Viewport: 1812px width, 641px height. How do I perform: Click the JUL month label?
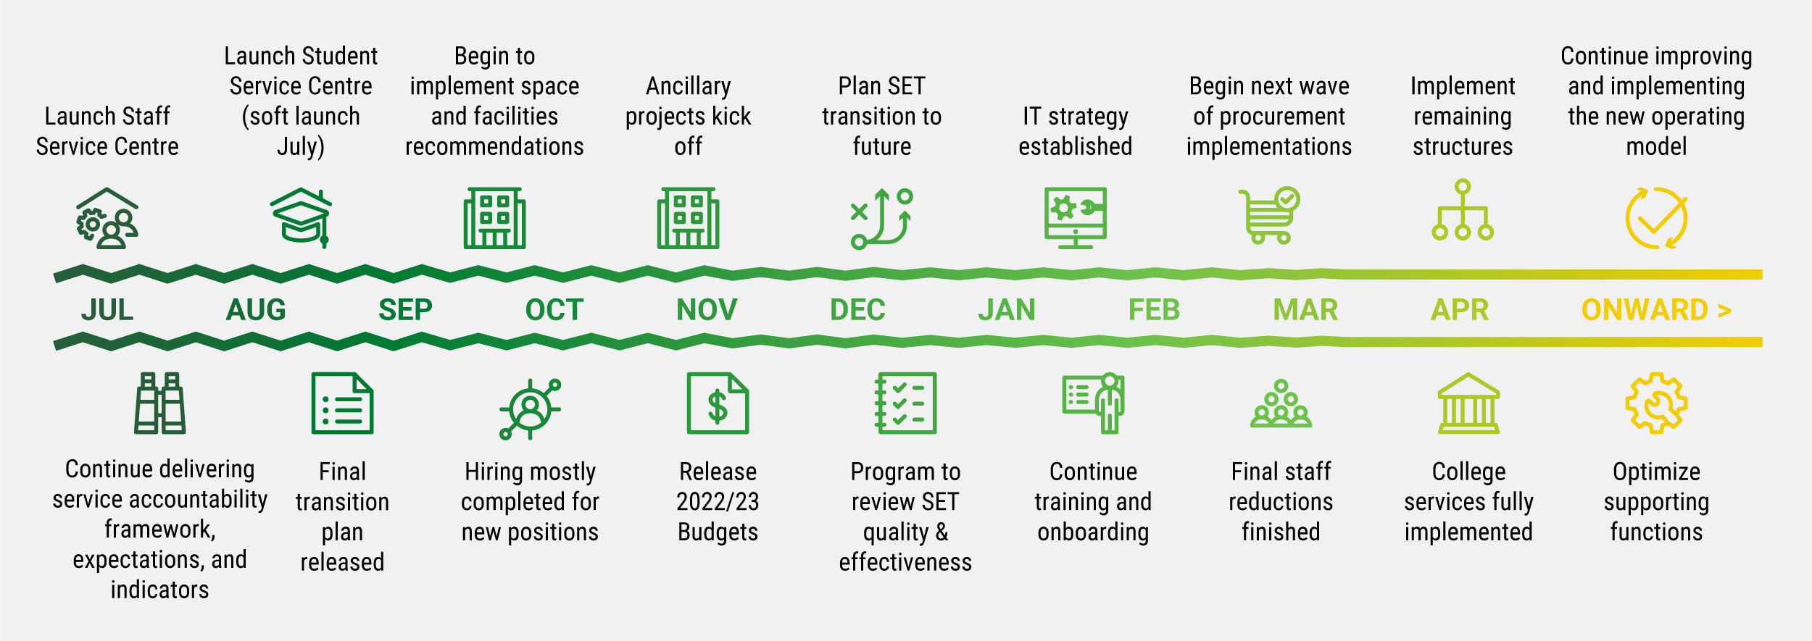[x=107, y=310]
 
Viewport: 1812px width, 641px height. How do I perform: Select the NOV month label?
[x=707, y=310]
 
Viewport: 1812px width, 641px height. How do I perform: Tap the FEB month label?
[x=1154, y=310]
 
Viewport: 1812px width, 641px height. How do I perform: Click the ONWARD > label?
[x=1656, y=310]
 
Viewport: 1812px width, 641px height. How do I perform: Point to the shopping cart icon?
[x=1269, y=216]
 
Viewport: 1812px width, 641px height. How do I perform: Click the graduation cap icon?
[x=302, y=217]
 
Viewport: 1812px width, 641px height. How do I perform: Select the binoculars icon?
[x=159, y=403]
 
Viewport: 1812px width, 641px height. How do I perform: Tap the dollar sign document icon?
[x=718, y=403]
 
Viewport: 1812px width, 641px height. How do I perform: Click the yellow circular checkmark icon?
[x=1656, y=218]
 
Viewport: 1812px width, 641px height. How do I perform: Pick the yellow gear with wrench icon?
[x=1656, y=403]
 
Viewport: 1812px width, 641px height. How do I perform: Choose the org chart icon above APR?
[x=1463, y=211]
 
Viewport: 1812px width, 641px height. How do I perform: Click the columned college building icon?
[x=1468, y=403]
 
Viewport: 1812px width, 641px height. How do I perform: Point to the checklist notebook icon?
[x=905, y=403]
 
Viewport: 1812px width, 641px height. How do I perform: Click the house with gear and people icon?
[x=107, y=218]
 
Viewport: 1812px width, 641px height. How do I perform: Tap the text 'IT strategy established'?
[x=1076, y=131]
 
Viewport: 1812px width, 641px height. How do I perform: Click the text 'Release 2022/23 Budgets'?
[x=718, y=501]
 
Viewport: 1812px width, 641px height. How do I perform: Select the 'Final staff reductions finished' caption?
[x=1281, y=501]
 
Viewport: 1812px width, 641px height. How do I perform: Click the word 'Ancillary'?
[x=688, y=86]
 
